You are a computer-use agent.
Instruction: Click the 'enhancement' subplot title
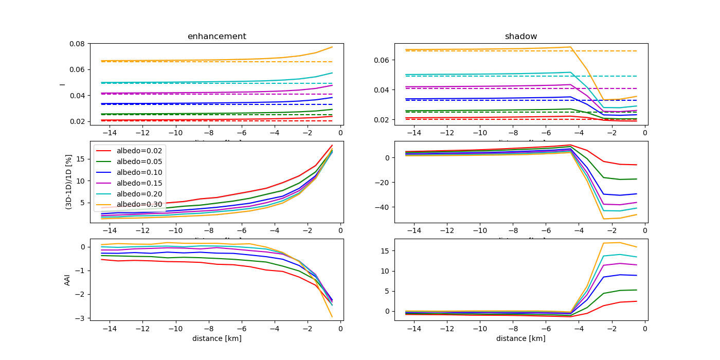click(217, 37)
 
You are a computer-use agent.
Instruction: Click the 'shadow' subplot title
click(520, 37)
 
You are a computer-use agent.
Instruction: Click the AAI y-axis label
click(67, 279)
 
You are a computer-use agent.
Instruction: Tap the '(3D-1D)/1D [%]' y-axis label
click(68, 182)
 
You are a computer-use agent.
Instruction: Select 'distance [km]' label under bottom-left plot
click(217, 338)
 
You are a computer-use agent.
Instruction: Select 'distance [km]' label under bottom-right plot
click(520, 338)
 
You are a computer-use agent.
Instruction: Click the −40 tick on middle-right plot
click(382, 207)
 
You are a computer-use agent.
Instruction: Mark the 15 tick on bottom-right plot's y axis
click(385, 251)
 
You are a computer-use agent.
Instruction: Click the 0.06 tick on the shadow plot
click(382, 60)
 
